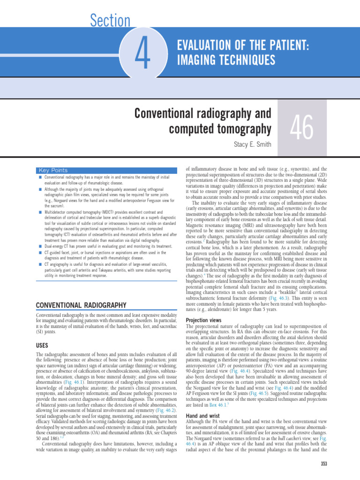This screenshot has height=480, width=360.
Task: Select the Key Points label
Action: tap(53, 170)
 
